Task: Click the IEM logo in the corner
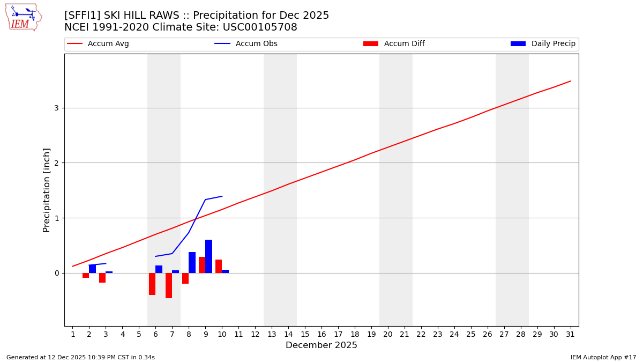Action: tap(23, 17)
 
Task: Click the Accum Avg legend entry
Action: tap(99, 44)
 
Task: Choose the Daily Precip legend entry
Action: tap(543, 44)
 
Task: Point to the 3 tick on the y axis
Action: tap(56, 108)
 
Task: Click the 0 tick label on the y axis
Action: tap(56, 273)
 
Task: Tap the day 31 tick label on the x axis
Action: tap(570, 334)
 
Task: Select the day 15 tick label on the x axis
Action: tap(305, 334)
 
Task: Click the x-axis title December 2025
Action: tap(321, 345)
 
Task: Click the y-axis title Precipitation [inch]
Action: tap(47, 190)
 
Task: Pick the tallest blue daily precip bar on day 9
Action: tap(208, 256)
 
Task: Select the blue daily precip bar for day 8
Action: tap(192, 263)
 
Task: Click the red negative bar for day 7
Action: tap(169, 285)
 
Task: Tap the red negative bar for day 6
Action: tap(152, 284)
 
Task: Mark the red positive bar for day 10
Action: tap(219, 267)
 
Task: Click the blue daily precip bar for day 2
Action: tap(92, 269)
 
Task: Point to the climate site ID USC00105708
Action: tap(260, 27)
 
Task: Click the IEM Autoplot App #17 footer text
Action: tap(603, 357)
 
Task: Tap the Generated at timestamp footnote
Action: tap(80, 357)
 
